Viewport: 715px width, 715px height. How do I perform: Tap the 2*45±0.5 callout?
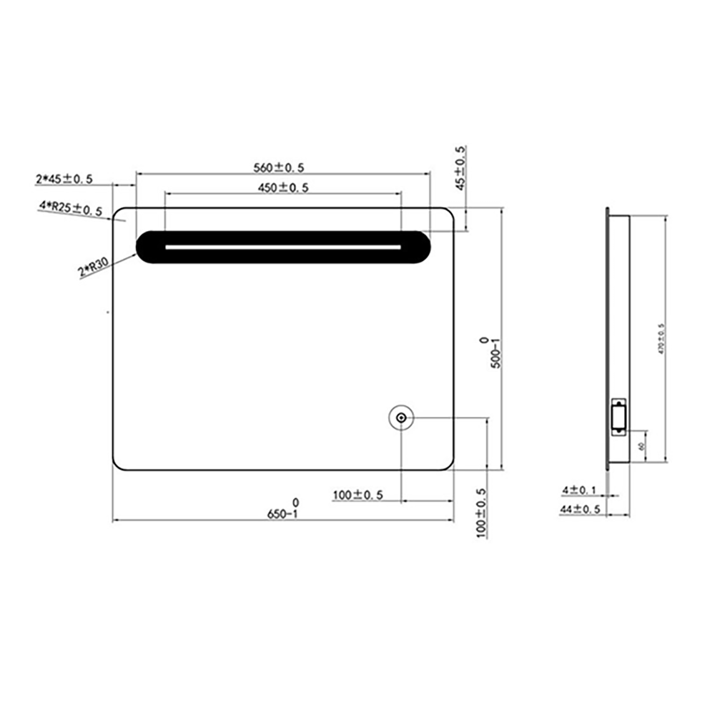pyautogui.click(x=64, y=179)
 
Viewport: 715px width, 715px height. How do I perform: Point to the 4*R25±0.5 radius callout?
pyautogui.click(x=71, y=208)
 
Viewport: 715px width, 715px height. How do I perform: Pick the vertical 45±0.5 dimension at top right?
pyautogui.click(x=460, y=168)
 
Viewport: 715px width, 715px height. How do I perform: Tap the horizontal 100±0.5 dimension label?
pyautogui.click(x=358, y=495)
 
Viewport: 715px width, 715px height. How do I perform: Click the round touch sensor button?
pyautogui.click(x=401, y=418)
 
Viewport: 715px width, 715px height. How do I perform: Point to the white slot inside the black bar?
pyautogui.click(x=283, y=247)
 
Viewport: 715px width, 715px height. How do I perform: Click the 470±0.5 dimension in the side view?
pyautogui.click(x=661, y=338)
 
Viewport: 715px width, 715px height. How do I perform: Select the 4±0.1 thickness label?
pyautogui.click(x=579, y=490)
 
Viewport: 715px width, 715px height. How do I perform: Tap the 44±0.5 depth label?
pyautogui.click(x=580, y=509)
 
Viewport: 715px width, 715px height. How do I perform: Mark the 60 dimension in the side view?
pyautogui.click(x=641, y=445)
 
